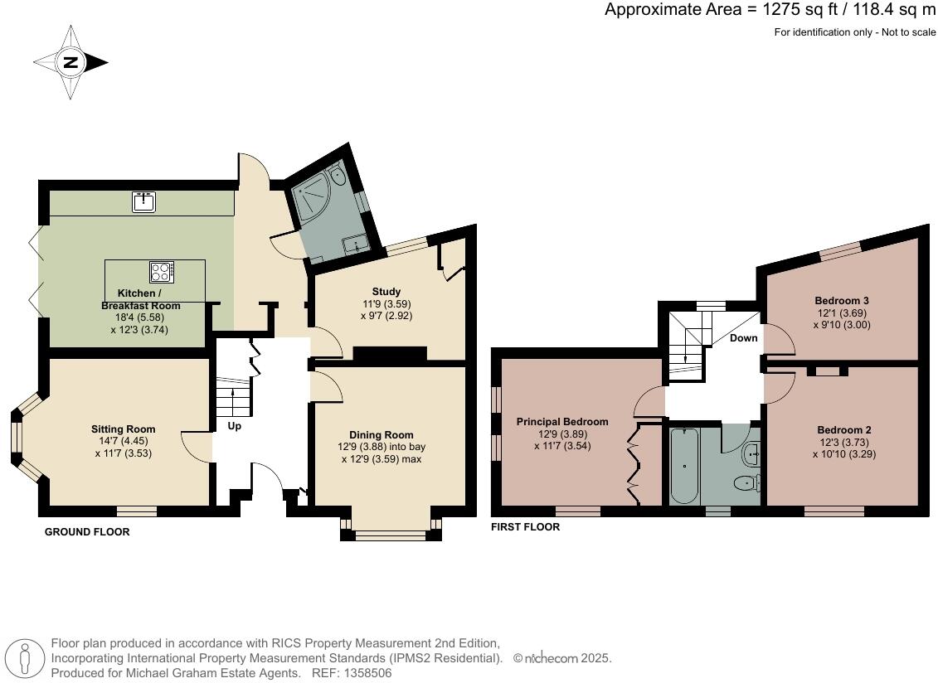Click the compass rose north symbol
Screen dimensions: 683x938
(x=71, y=62)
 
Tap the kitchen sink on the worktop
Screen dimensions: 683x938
(x=144, y=201)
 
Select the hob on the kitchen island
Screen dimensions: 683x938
(x=161, y=271)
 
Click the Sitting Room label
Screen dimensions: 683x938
(x=123, y=429)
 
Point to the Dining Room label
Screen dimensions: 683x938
(x=381, y=435)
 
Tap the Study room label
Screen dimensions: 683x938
(x=386, y=292)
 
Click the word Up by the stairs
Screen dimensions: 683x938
(x=235, y=427)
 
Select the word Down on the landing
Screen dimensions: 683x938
(x=743, y=338)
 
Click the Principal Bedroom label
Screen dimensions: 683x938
(x=562, y=422)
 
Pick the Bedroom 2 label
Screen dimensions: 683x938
(x=843, y=430)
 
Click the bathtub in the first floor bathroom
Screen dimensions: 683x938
(x=684, y=466)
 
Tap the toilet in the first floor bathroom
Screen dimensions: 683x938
(x=746, y=482)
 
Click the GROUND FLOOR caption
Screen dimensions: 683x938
(x=87, y=532)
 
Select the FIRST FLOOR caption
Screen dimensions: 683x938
(x=525, y=527)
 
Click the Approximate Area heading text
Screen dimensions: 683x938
(x=770, y=10)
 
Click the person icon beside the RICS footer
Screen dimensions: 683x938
(x=26, y=659)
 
